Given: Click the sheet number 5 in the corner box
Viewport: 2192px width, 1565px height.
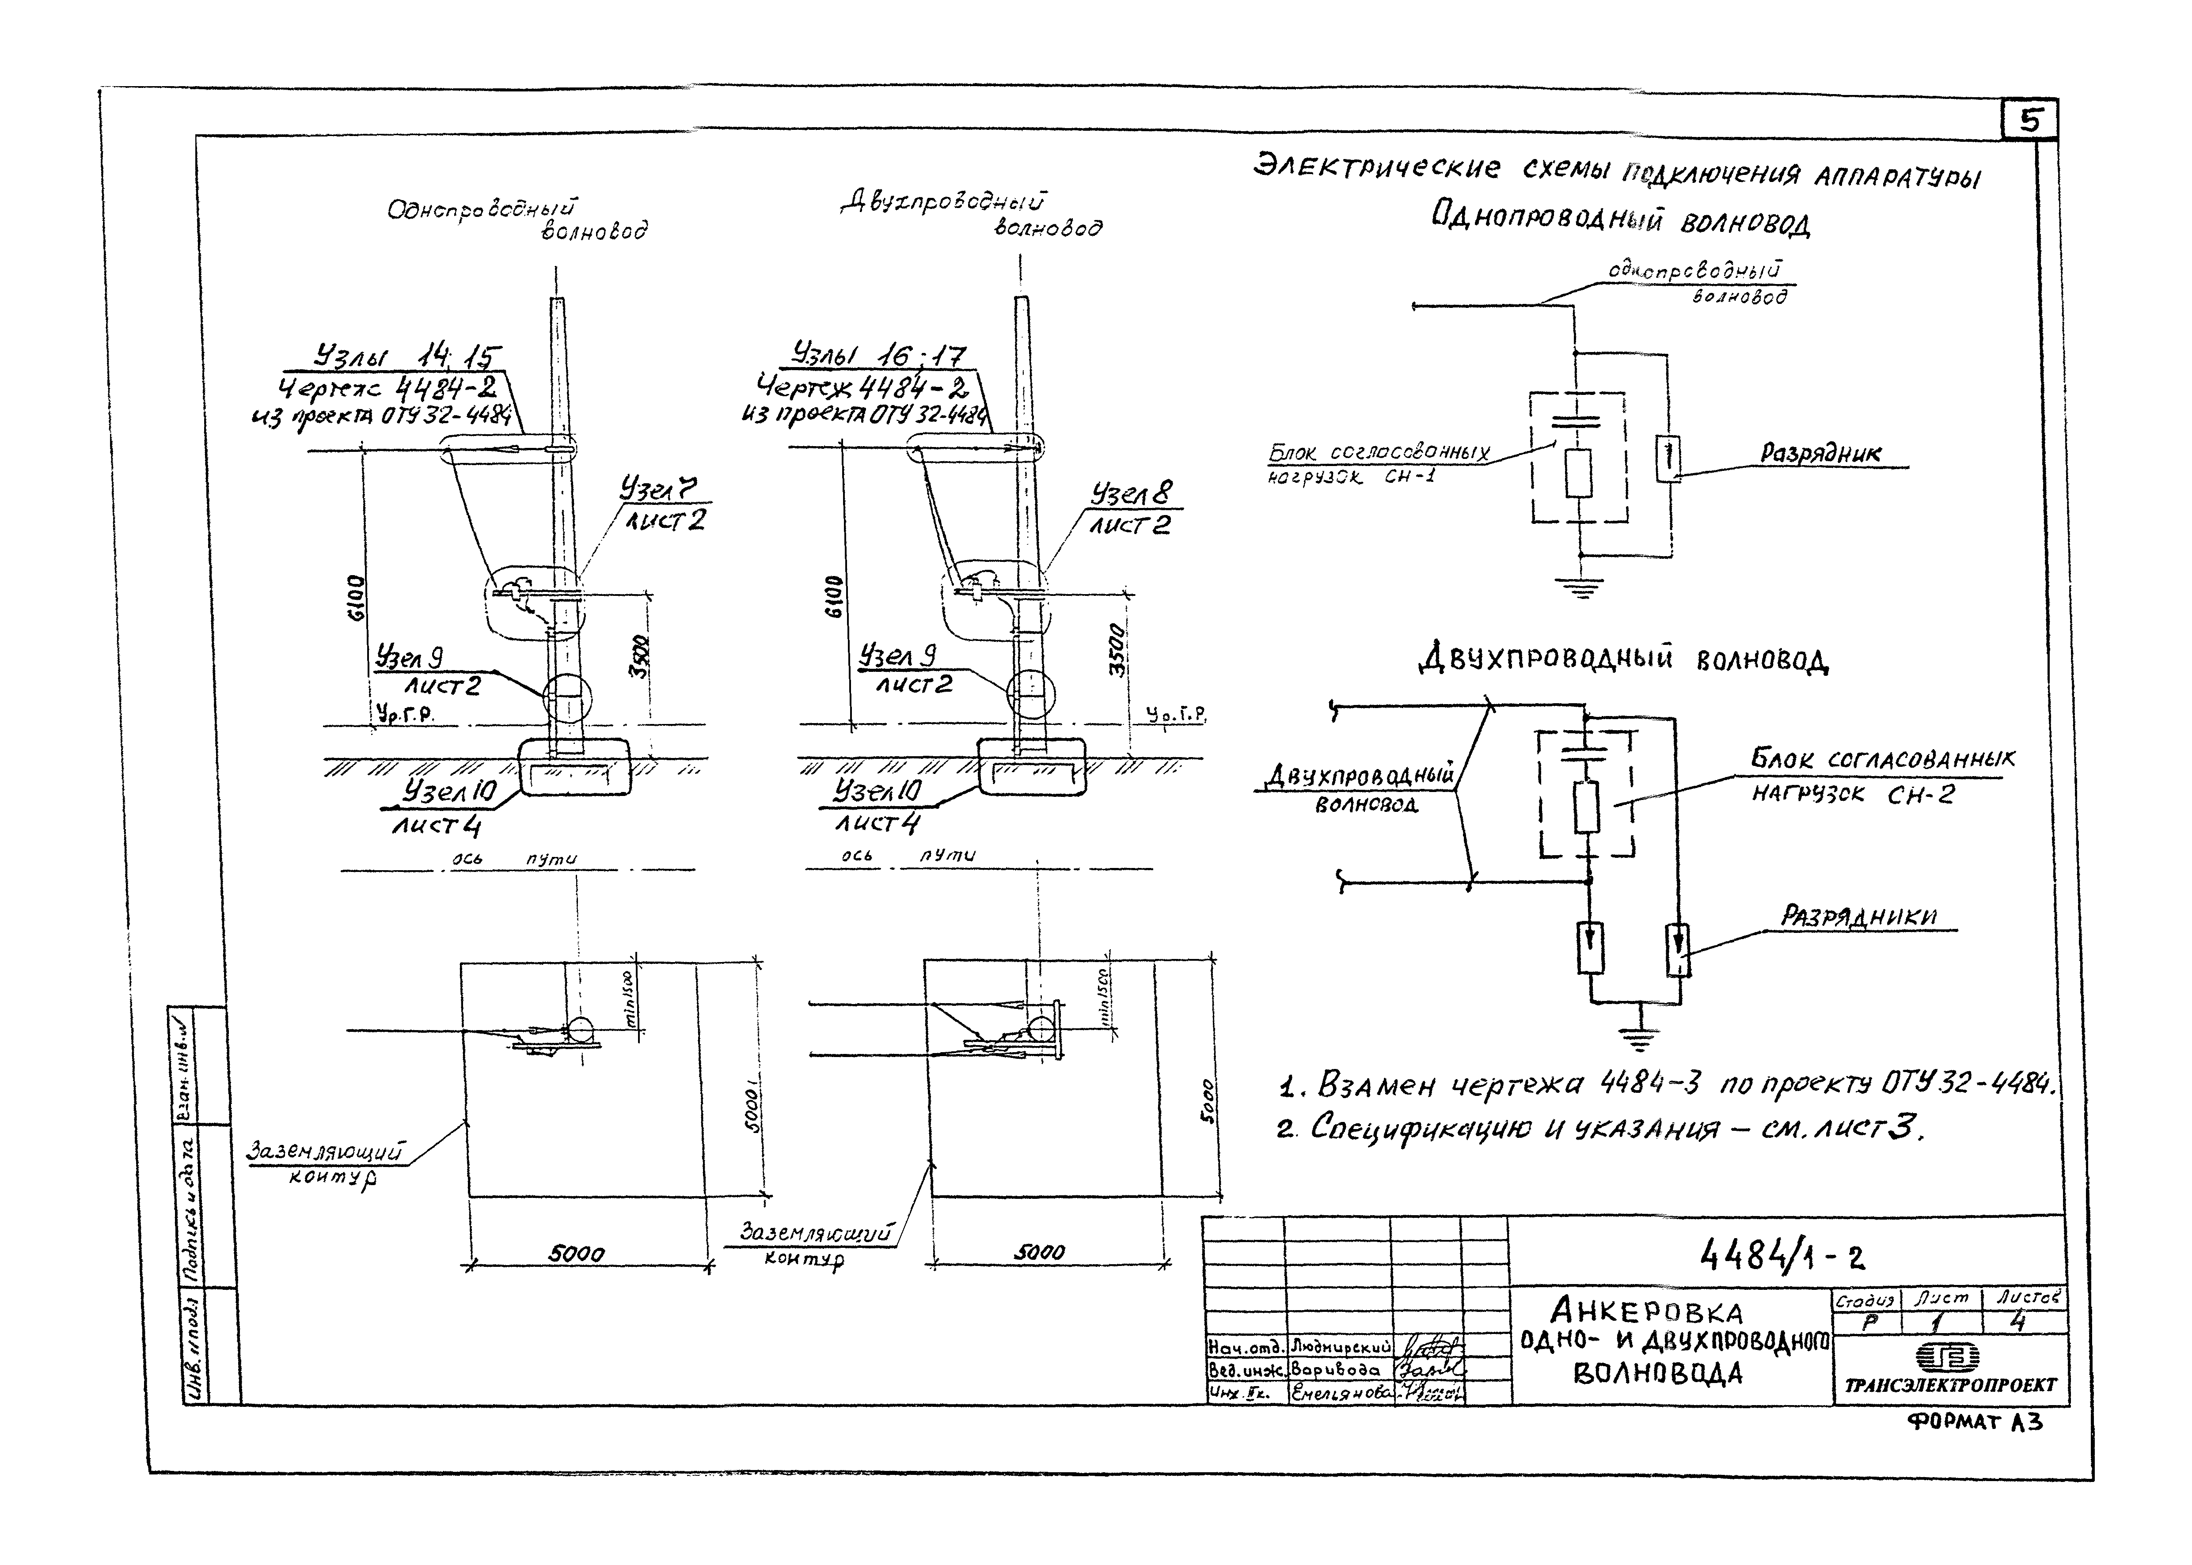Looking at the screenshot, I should coord(2030,121).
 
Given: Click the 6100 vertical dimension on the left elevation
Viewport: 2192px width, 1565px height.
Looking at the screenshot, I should coord(356,598).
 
